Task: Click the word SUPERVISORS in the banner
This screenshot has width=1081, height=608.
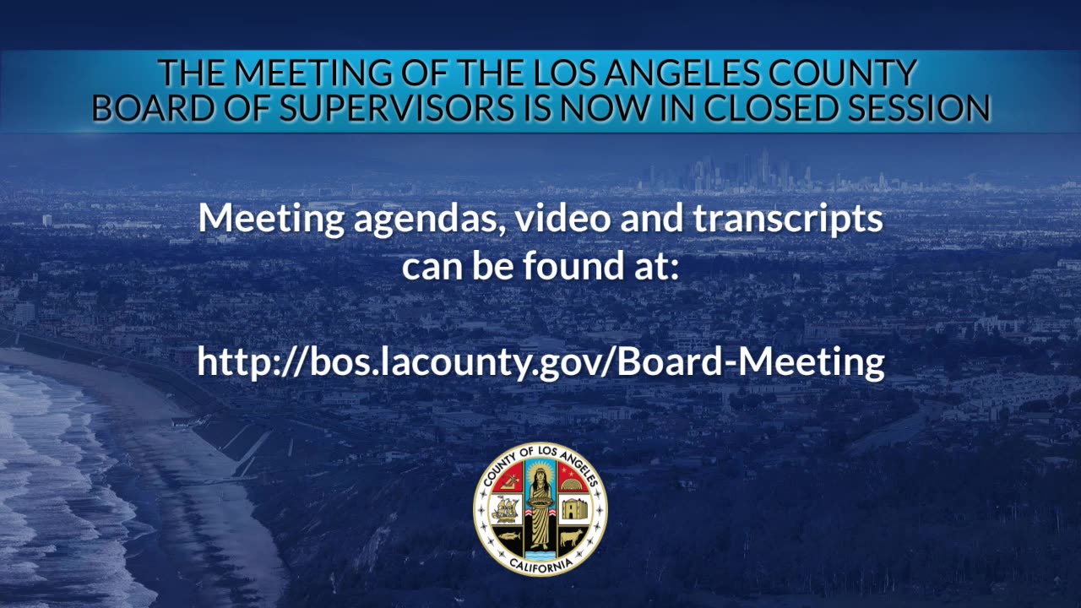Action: [x=396, y=107]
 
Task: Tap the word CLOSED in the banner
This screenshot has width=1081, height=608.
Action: [x=771, y=107]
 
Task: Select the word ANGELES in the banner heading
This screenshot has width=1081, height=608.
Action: [x=681, y=73]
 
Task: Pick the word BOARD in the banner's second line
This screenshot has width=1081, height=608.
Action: [x=153, y=107]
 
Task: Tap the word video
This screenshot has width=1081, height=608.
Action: [x=562, y=218]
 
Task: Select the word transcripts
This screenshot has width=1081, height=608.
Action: [x=788, y=220]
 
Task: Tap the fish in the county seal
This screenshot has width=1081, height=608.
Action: [x=508, y=535]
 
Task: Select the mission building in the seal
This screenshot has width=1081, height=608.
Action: [x=574, y=509]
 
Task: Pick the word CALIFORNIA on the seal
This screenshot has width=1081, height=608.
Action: [x=540, y=566]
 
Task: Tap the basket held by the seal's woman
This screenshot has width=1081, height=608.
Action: [x=540, y=502]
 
